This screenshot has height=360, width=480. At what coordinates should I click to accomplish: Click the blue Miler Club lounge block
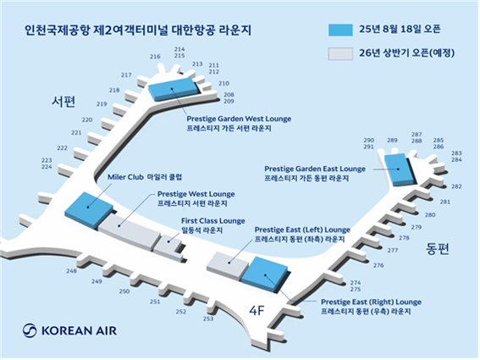pos(89,211)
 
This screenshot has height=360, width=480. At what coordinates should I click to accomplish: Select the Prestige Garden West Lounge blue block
pos(174,89)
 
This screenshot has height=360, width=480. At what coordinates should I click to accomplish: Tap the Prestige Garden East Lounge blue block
pos(398,169)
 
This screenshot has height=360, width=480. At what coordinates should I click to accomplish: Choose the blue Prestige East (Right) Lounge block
pos(265,275)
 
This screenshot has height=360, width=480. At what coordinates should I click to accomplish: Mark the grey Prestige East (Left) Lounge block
pos(228,265)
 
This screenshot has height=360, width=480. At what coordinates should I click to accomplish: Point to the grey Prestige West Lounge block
pos(130,232)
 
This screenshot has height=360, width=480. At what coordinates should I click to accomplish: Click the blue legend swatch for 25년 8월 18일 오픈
pos(340,30)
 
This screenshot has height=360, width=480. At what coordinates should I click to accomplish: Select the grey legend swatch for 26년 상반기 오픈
pos(340,53)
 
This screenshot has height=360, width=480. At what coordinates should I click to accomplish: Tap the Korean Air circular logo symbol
pos(30,331)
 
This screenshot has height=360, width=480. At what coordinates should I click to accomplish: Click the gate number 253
pos(208,319)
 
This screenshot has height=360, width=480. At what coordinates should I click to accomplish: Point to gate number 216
pos(155,57)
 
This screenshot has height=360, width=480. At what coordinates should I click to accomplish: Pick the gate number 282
pos(456,186)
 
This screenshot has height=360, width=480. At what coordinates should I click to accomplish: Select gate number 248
pos(71,271)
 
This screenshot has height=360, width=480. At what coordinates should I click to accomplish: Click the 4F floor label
pos(257,311)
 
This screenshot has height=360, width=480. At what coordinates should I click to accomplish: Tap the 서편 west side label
pos(63,102)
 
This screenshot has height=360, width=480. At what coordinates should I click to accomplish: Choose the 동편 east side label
pos(437,249)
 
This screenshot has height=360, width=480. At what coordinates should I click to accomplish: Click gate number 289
pos(392,141)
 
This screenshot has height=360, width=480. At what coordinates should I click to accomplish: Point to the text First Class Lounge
pos(213,221)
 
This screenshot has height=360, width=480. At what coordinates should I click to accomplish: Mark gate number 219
pos(102,104)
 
